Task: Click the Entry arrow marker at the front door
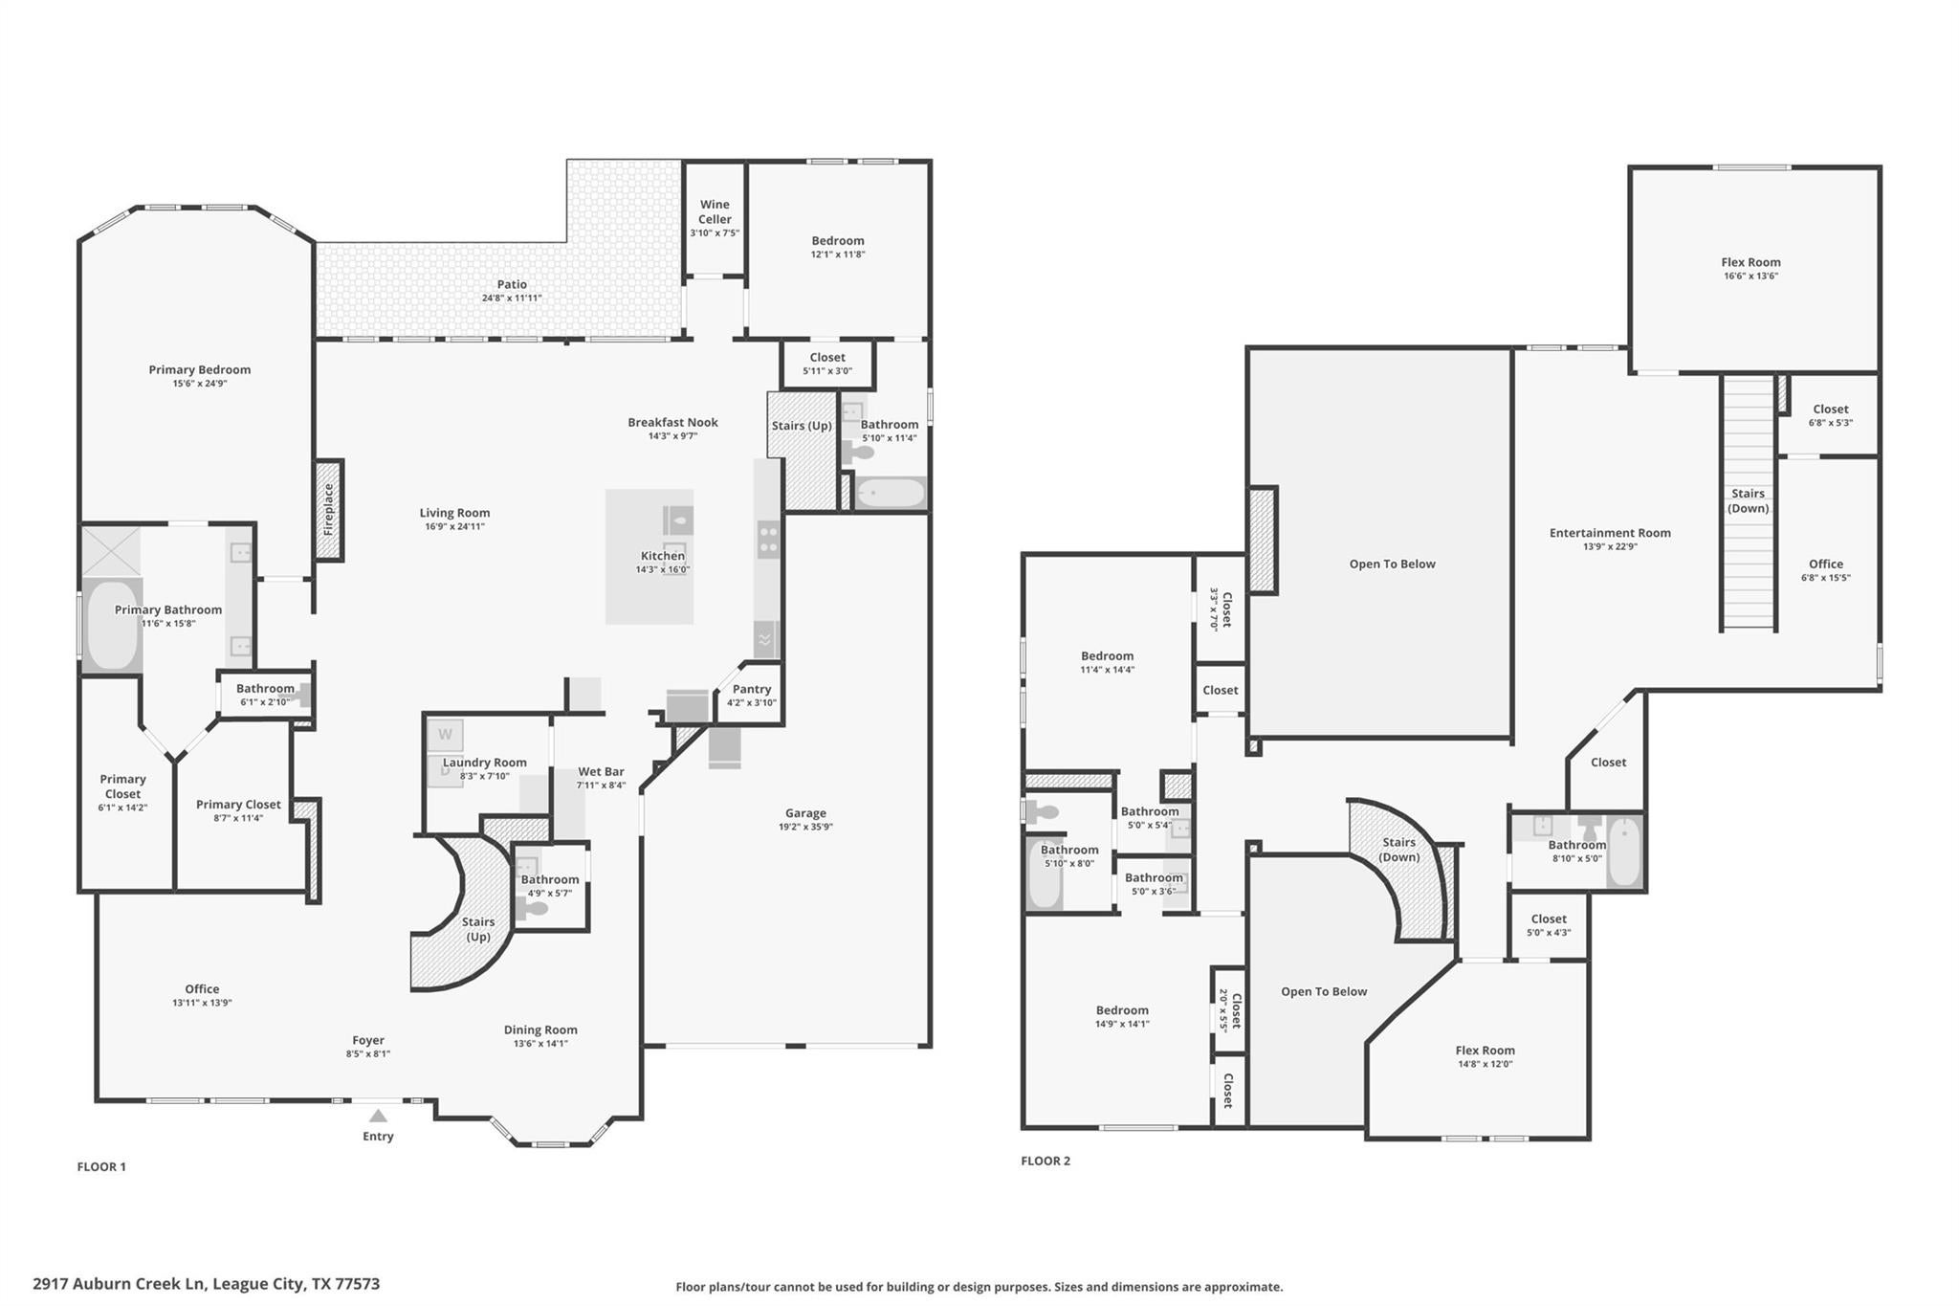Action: pyautogui.click(x=378, y=1116)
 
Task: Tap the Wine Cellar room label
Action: pyautogui.click(x=715, y=211)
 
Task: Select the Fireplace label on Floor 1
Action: pyautogui.click(x=328, y=508)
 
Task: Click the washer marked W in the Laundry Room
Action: pyautogui.click(x=445, y=735)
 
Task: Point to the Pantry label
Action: pyautogui.click(x=752, y=689)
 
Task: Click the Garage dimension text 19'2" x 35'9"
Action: pyautogui.click(x=805, y=827)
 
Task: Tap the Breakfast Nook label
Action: pyautogui.click(x=672, y=422)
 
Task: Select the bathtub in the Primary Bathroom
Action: pyautogui.click(x=112, y=625)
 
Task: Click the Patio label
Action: pyautogui.click(x=512, y=284)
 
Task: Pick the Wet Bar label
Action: pyautogui.click(x=601, y=771)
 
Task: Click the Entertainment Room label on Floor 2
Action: pyautogui.click(x=1610, y=533)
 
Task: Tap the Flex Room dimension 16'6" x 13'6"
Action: pyautogui.click(x=1750, y=277)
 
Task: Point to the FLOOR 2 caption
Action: pyautogui.click(x=1046, y=1161)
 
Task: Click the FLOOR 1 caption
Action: pyautogui.click(x=101, y=1166)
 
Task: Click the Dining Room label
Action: pyautogui.click(x=540, y=1030)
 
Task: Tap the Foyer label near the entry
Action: pyautogui.click(x=368, y=1040)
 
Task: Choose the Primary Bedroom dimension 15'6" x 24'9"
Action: pyautogui.click(x=200, y=384)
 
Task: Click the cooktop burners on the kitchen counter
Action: pyautogui.click(x=769, y=539)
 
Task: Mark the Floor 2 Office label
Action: pyautogui.click(x=1826, y=564)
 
